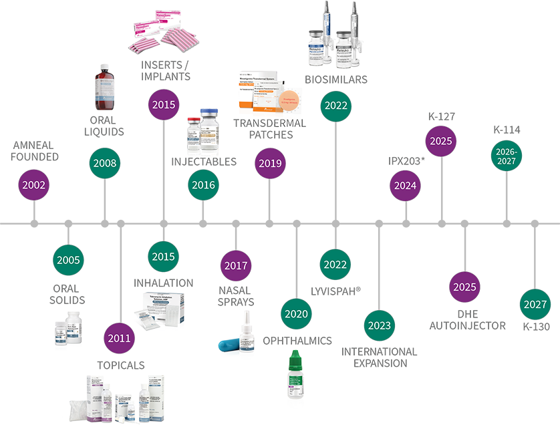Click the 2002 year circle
[x=33, y=184]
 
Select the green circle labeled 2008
[x=105, y=162]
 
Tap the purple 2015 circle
[x=164, y=104]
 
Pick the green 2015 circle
[x=163, y=257]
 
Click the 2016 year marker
[x=203, y=184]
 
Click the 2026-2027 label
[x=505, y=156]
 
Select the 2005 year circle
[x=68, y=259]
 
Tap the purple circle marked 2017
[x=236, y=265]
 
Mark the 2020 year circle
[x=295, y=313]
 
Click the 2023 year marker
[x=378, y=325]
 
